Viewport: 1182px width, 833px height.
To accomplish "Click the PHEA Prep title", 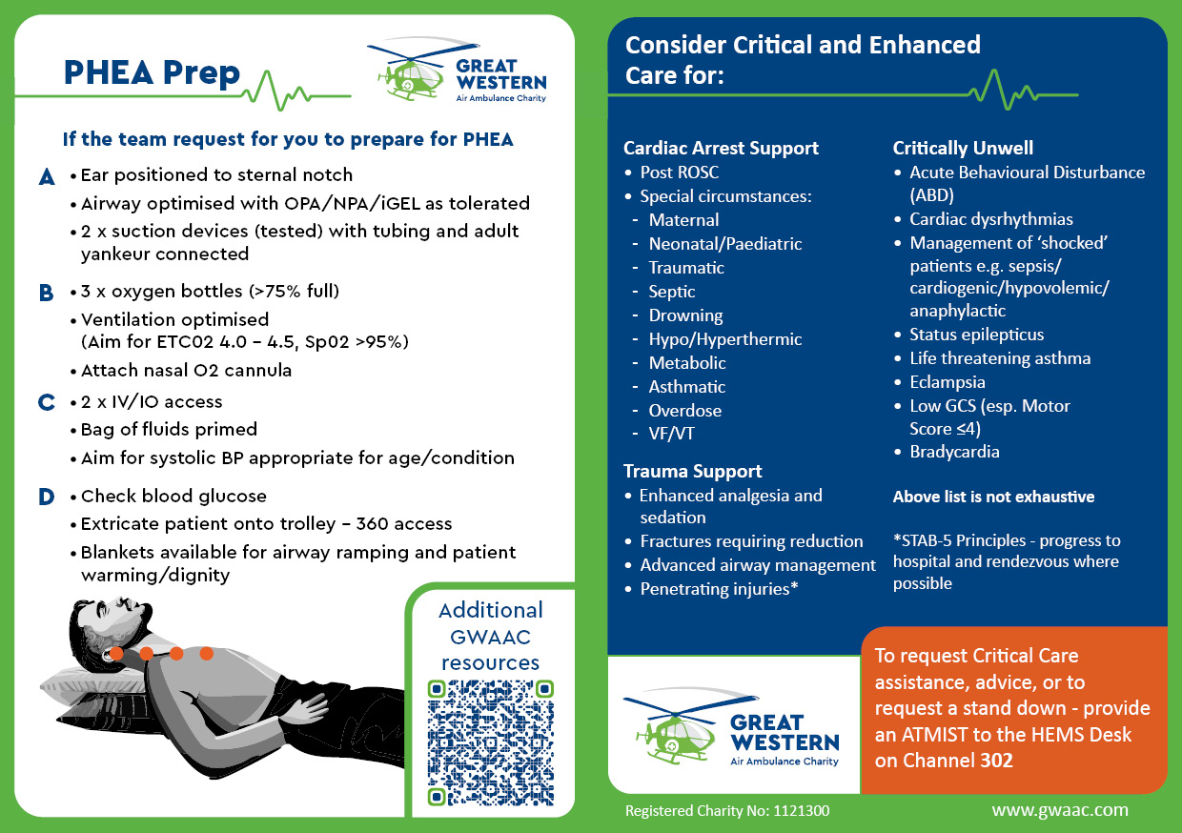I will click(152, 73).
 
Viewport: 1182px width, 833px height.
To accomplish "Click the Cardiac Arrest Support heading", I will click(721, 148).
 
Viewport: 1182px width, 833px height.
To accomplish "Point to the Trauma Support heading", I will click(692, 471).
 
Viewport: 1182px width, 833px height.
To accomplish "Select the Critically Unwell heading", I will click(963, 148).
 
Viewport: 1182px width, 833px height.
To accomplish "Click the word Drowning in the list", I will click(685, 315).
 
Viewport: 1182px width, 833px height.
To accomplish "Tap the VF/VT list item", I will click(672, 435).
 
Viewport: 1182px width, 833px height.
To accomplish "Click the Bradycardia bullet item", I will click(954, 452).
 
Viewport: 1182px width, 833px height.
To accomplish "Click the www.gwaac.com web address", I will click(1059, 810).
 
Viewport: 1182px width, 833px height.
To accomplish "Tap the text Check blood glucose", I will click(173, 496).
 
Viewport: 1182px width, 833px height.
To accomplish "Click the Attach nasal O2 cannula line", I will click(186, 371).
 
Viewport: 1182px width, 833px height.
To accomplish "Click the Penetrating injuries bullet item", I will click(718, 589).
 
